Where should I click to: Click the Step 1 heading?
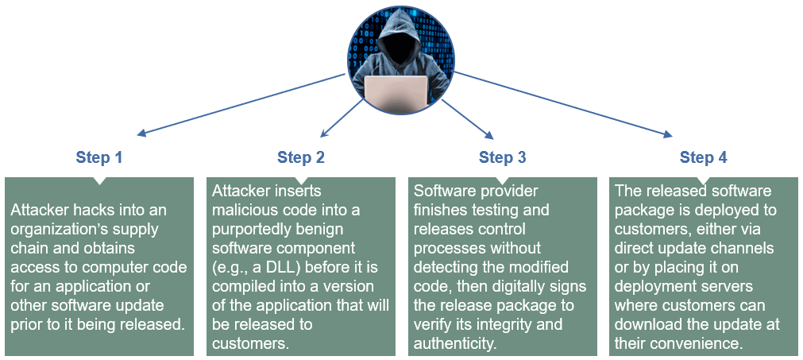[x=99, y=157]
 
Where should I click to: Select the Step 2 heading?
[x=301, y=157]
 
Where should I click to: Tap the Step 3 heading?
[x=502, y=157]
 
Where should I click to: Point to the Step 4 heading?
[x=703, y=157]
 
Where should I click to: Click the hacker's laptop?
[x=396, y=89]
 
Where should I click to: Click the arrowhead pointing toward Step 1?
[x=142, y=134]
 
